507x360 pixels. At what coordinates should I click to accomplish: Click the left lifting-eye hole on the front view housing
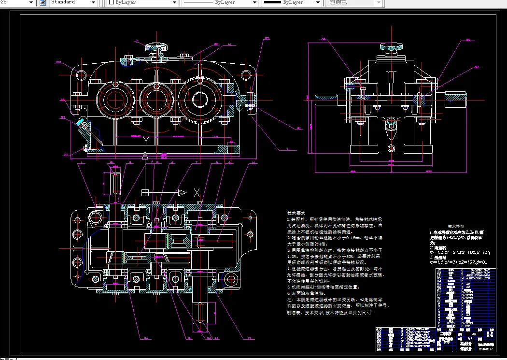coord(81,74)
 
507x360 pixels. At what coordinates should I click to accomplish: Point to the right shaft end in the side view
coord(456,98)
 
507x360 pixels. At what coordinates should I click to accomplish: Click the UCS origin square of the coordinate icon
coord(145,192)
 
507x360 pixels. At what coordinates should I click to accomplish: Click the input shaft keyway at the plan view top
coord(115,183)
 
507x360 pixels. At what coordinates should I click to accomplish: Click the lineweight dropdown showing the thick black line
coord(290,2)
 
